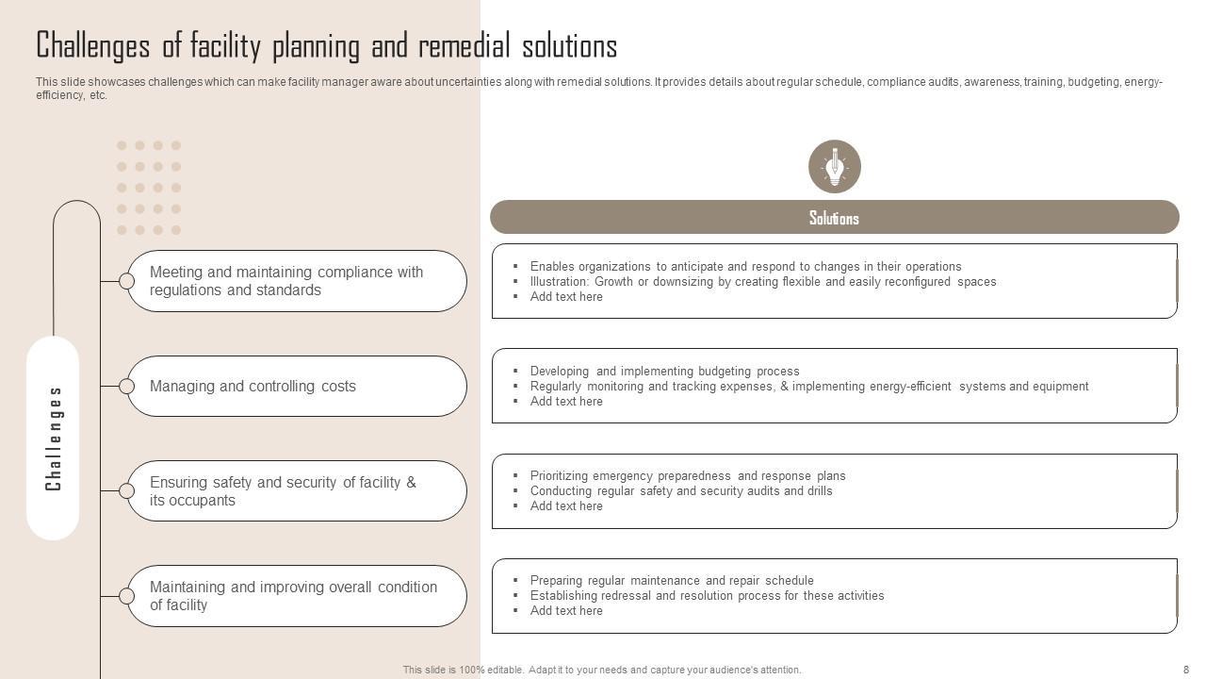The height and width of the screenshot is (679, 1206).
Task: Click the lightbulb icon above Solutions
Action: point(834,167)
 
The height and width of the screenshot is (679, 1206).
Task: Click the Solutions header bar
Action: point(834,217)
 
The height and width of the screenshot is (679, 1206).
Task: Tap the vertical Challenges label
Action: point(53,439)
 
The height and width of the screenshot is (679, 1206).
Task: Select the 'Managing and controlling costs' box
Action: point(297,386)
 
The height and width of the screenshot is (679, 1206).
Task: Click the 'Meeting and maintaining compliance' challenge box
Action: point(297,281)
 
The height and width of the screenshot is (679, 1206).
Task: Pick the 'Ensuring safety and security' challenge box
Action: point(297,490)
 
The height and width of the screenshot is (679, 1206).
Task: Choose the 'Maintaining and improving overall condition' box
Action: point(297,596)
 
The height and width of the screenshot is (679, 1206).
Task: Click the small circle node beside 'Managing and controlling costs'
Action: point(126,386)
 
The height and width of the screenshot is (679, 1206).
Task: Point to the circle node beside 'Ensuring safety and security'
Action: point(126,490)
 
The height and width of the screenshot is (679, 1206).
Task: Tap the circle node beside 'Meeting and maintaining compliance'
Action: point(126,281)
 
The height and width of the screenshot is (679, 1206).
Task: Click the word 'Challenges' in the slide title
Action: point(92,45)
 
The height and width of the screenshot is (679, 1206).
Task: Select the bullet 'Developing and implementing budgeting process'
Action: point(664,372)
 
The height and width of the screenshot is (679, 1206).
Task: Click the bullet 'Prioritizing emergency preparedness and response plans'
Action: point(687,476)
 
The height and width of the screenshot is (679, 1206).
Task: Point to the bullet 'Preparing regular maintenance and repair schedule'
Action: point(671,581)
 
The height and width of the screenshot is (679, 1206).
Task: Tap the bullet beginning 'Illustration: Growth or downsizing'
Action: point(762,282)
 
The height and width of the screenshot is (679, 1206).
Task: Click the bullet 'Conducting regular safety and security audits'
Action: point(680,491)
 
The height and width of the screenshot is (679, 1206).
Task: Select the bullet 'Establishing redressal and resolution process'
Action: point(707,596)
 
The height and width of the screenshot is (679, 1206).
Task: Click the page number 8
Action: point(1186,670)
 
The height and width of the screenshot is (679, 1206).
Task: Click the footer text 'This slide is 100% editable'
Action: point(602,670)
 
